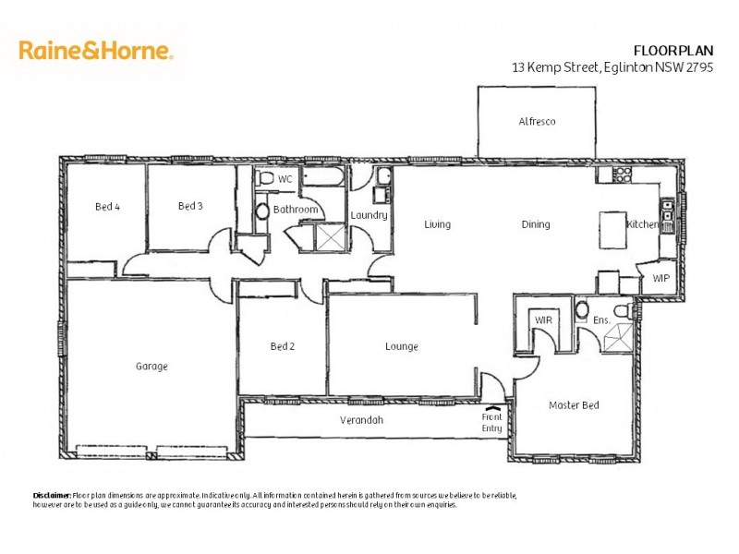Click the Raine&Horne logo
96,51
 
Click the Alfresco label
537,122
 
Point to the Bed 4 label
108,207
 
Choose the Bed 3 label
190,206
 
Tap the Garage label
151,367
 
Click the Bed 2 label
282,347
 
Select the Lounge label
402,347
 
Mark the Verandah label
361,420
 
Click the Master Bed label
575,405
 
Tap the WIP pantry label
661,277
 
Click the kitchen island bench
612,226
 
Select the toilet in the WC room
264,177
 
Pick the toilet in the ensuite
583,309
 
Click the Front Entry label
491,422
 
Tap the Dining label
536,224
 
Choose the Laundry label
369,216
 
